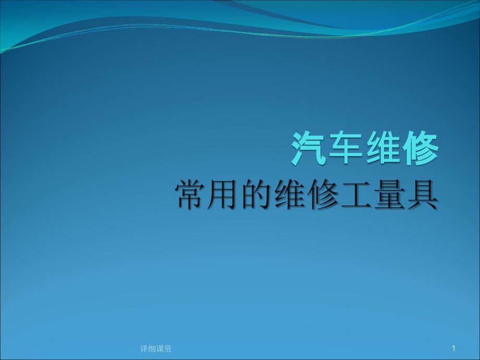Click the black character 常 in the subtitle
tap(191, 195)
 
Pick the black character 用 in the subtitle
tap(223, 195)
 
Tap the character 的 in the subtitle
tap(257, 195)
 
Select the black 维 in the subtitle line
tap(290, 195)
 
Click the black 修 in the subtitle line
tap(322, 195)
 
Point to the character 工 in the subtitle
tap(356, 195)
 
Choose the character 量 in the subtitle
tap(389, 195)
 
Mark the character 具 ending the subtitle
tap(422, 195)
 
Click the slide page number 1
tap(454, 348)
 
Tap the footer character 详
tap(144, 349)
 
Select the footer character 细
tap(152, 349)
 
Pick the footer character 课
tap(160, 349)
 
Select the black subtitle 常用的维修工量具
tap(306, 195)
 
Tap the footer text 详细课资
tap(156, 349)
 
